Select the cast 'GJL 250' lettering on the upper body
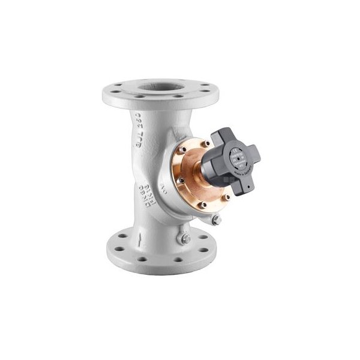(x=139, y=131)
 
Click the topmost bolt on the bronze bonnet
(x=205, y=143)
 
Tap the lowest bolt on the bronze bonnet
(x=203, y=205)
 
